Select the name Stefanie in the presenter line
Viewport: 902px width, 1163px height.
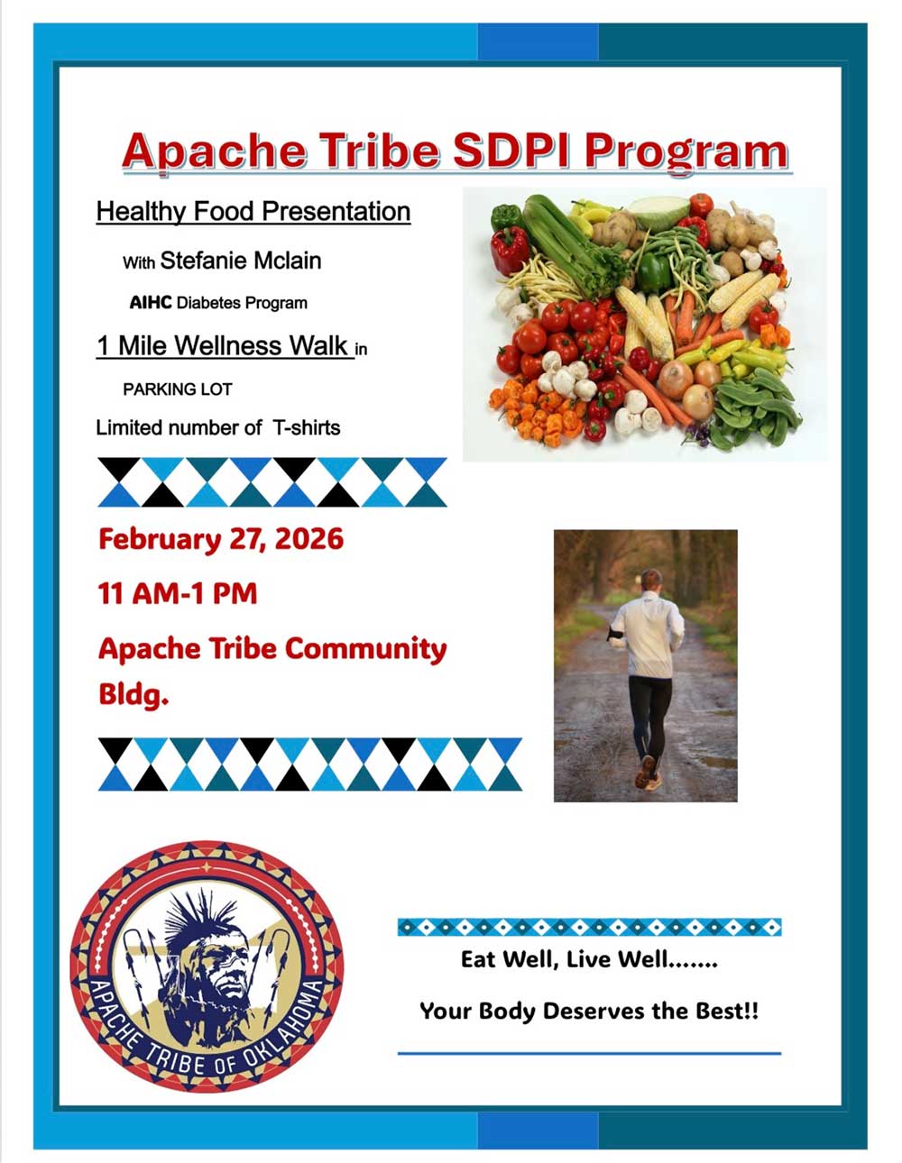click(203, 261)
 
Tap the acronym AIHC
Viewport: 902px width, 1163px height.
click(150, 302)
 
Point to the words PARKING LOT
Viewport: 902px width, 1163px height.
click(177, 389)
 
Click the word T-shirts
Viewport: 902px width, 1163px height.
click(306, 427)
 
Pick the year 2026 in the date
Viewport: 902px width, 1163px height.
click(308, 539)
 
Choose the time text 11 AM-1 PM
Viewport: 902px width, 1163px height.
click(177, 593)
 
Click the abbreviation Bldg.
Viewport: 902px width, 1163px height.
click(133, 695)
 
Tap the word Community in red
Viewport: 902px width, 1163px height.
click(365, 649)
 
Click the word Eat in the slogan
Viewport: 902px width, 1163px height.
click(480, 959)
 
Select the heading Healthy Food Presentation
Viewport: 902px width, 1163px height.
click(253, 211)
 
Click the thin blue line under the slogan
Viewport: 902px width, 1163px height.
click(589, 1053)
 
